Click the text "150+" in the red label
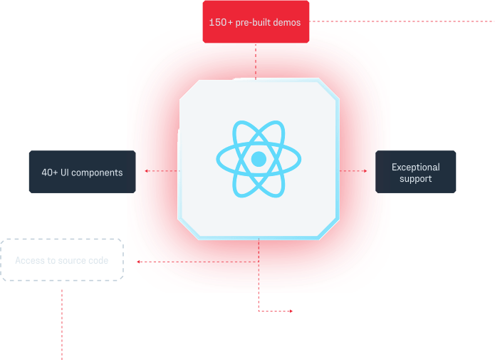(218, 23)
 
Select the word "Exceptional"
(415, 168)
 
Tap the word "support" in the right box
(415, 179)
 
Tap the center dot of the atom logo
(259, 158)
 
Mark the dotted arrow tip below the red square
(291, 311)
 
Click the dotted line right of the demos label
(399, 22)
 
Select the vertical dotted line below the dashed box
(62, 321)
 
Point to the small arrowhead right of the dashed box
(139, 262)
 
